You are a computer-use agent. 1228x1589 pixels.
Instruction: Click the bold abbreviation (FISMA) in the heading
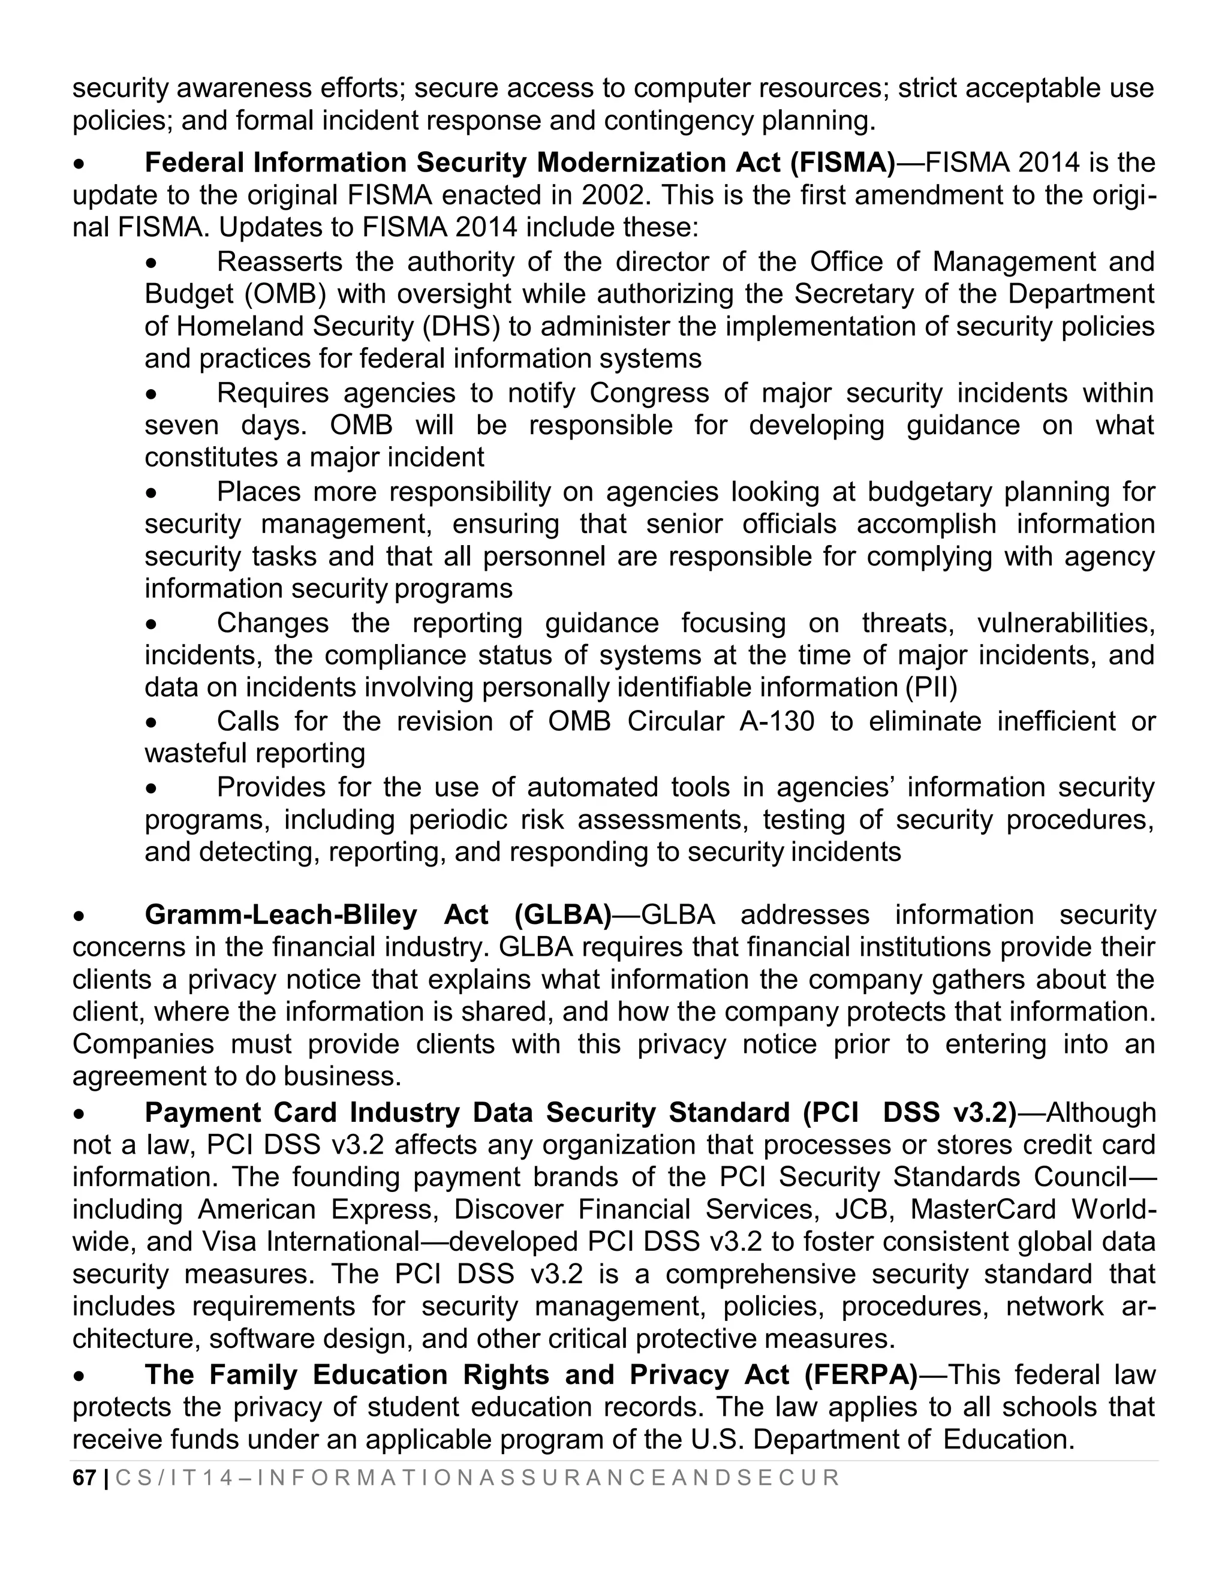coord(842,163)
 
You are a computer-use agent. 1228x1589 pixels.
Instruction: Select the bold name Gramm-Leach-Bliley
coord(281,914)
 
